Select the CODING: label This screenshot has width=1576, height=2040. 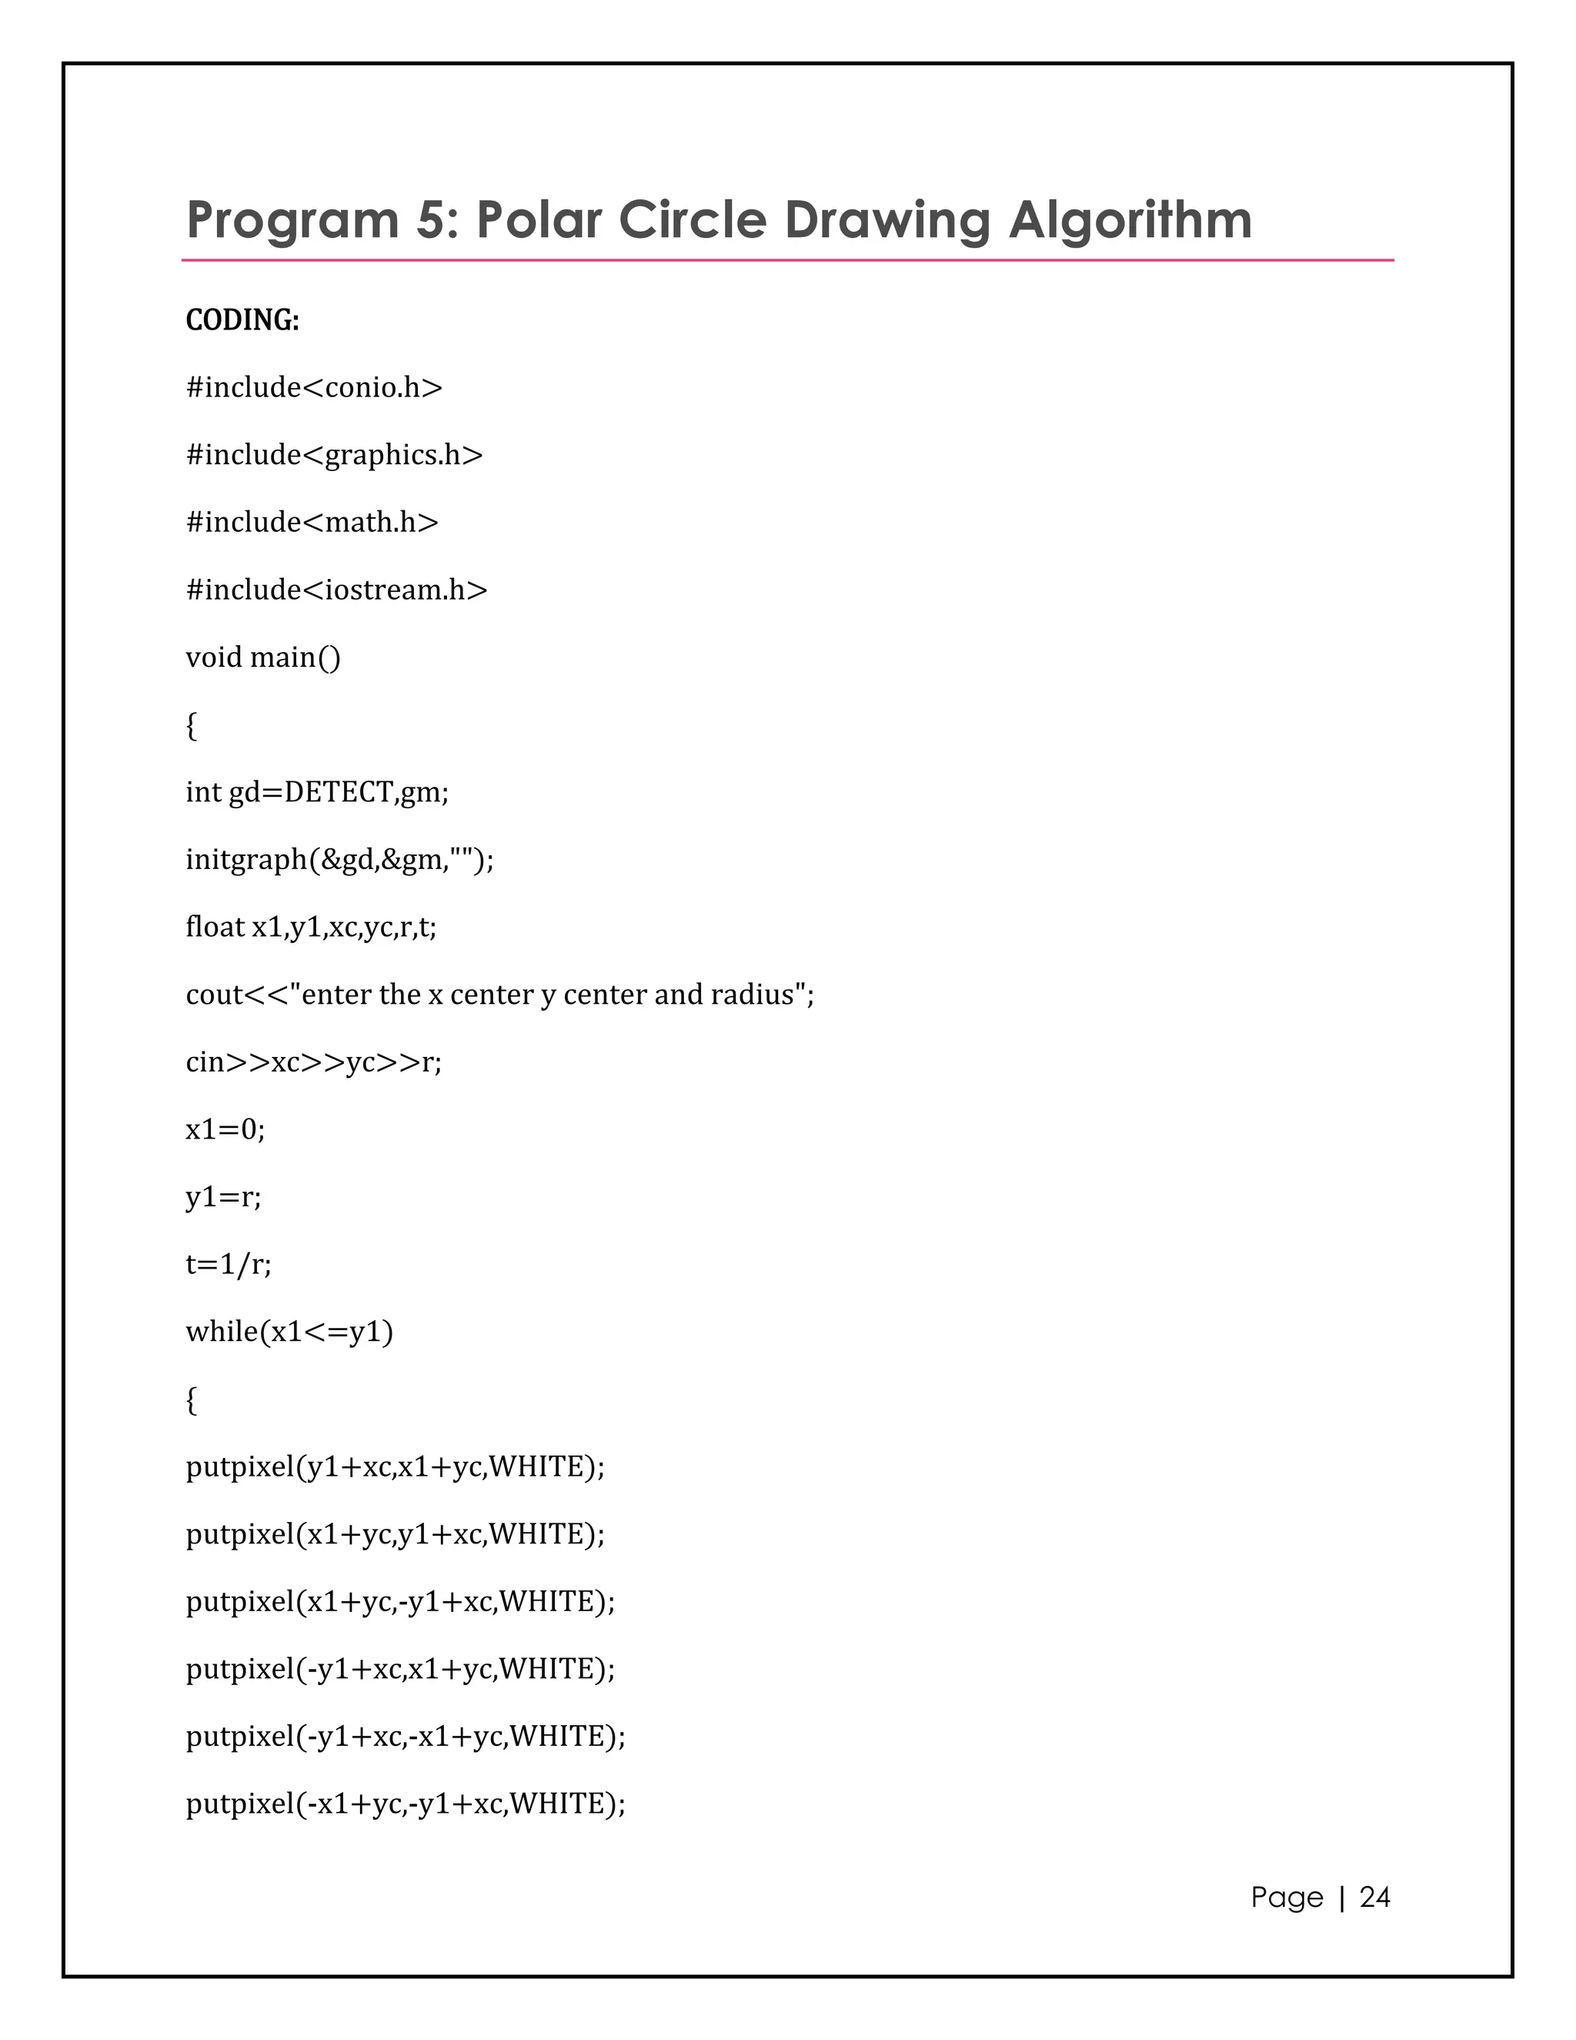242,320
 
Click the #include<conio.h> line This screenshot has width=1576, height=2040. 314,388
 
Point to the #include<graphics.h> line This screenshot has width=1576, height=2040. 334,455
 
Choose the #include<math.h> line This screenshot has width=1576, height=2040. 312,522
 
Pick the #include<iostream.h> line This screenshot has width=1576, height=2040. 336,590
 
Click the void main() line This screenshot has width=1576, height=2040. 263,657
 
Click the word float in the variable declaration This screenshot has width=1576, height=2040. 215,927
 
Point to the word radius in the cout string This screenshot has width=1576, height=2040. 753,995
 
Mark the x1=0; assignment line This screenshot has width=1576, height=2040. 225,1130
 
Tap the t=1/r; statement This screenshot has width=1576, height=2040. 229,1265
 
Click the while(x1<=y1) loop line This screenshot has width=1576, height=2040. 289,1332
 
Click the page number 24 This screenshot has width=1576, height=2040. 1374,1897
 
